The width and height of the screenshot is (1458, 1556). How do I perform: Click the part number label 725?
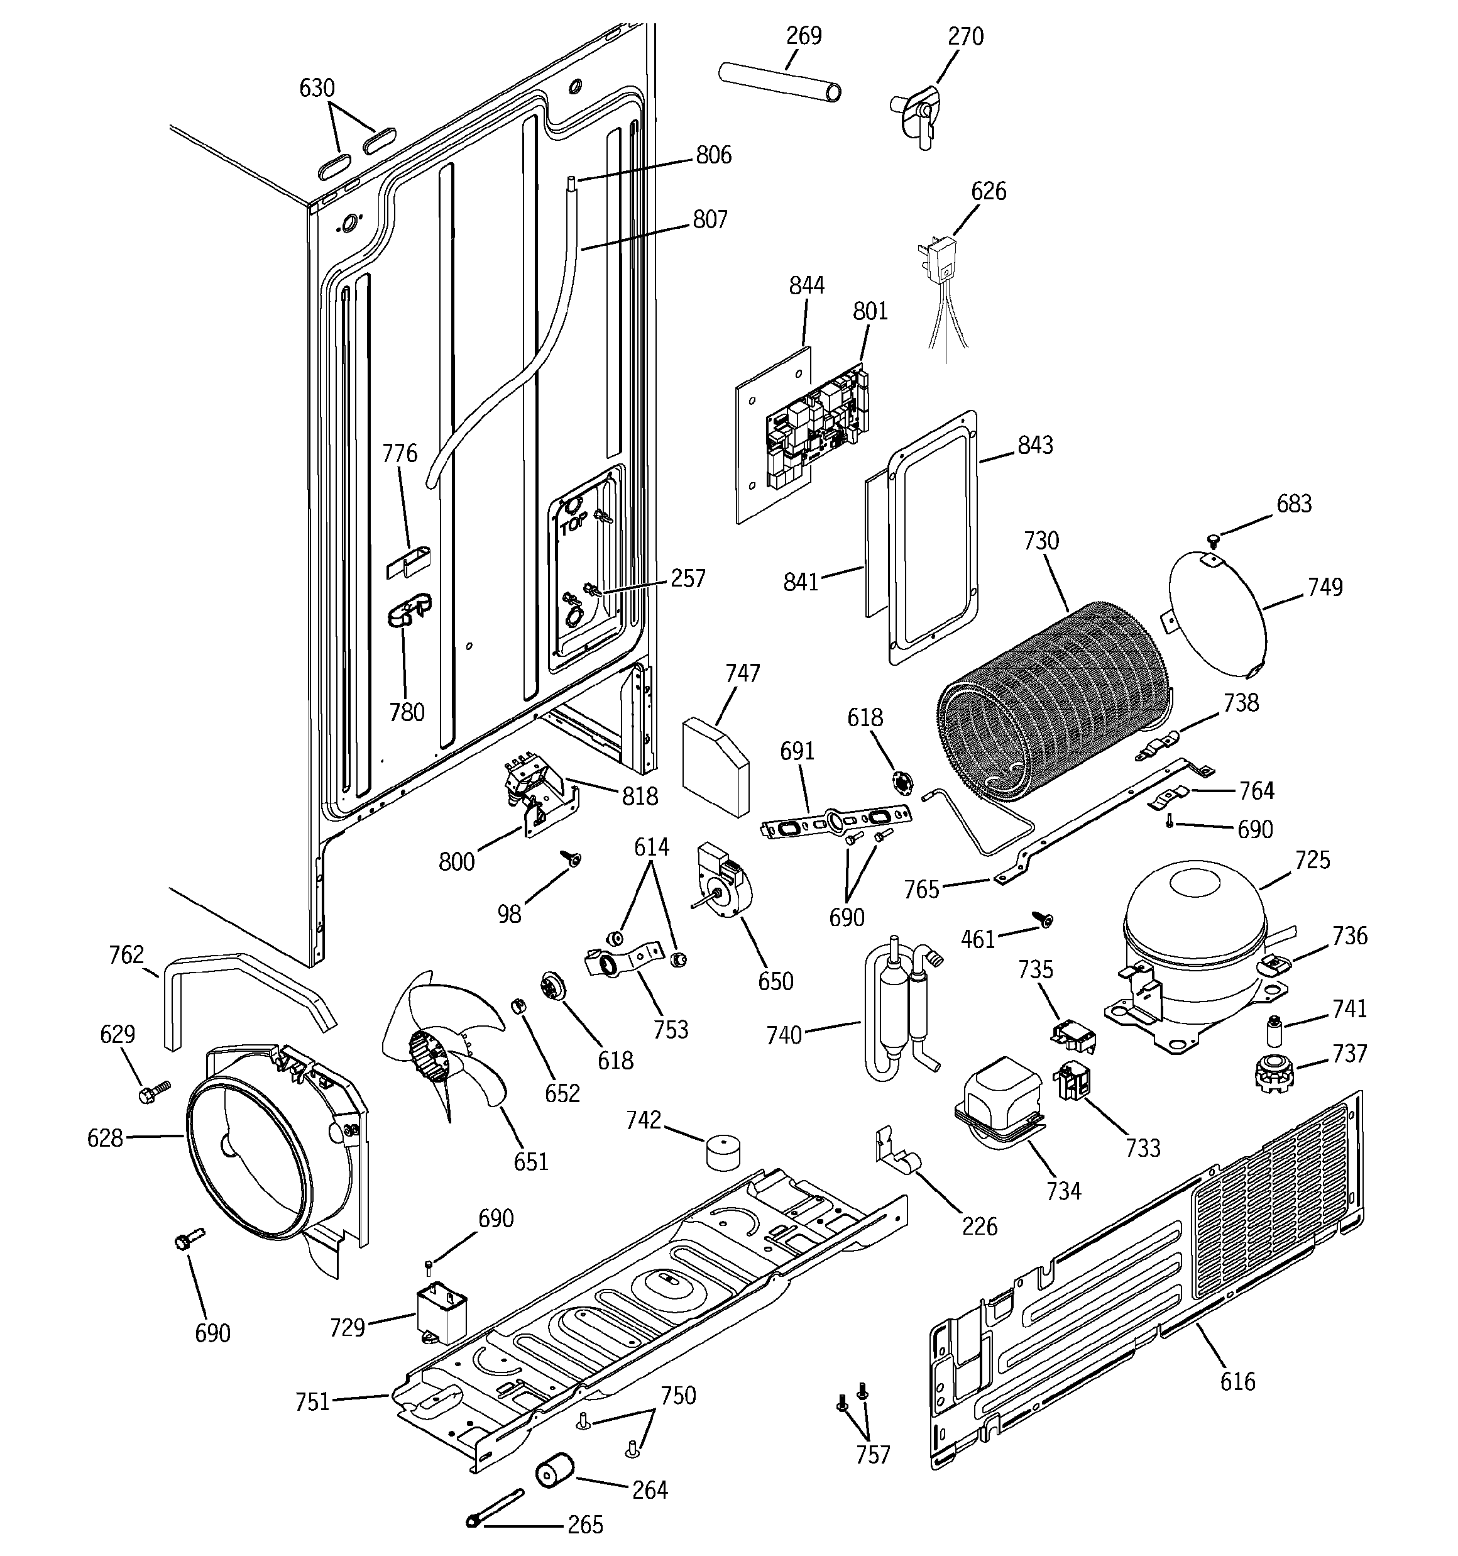[1312, 860]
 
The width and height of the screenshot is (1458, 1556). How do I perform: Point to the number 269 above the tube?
[804, 36]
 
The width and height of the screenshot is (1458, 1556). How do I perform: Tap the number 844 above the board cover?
[806, 285]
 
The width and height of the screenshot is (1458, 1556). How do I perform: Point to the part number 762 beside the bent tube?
[127, 955]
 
